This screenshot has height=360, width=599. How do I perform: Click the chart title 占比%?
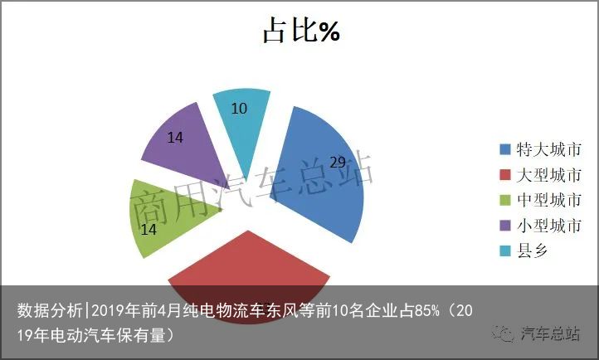(x=301, y=30)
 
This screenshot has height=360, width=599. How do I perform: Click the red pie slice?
(x=249, y=275)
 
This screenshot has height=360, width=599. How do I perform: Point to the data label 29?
(x=338, y=163)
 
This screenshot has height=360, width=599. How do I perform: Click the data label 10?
(x=239, y=109)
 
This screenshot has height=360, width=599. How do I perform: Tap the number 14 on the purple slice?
(x=175, y=138)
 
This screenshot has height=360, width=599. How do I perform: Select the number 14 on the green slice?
(x=149, y=230)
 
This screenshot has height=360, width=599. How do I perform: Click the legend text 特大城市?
(x=549, y=149)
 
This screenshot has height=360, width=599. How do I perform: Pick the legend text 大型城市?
(x=549, y=175)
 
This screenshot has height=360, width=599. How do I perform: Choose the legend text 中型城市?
(x=549, y=200)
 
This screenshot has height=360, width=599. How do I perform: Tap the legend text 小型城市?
(x=549, y=226)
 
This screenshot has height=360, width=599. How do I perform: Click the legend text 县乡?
(x=533, y=251)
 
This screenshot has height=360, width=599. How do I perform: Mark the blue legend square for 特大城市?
(x=505, y=149)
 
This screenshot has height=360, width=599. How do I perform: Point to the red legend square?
(x=505, y=175)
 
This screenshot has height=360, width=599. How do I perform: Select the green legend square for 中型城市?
(x=505, y=200)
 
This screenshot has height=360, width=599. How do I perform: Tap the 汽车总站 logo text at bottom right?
(x=550, y=334)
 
